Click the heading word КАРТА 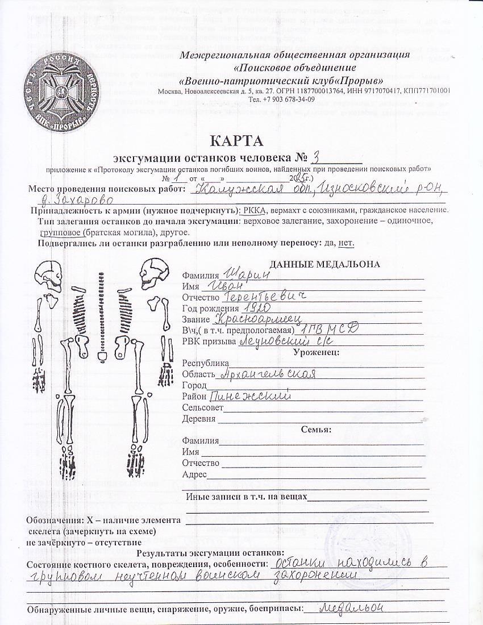(x=237, y=140)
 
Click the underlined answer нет (x=345, y=243)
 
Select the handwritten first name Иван (x=224, y=285)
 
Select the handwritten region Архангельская (x=267, y=374)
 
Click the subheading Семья (x=316, y=429)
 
